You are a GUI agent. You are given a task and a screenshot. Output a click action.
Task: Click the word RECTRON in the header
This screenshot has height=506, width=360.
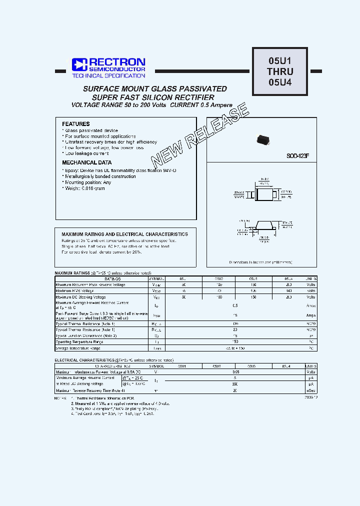[x=117, y=61]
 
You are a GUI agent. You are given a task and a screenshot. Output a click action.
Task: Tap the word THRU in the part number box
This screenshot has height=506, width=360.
[x=280, y=71]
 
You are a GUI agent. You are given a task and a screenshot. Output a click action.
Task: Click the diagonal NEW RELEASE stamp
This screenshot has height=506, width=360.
[x=200, y=135]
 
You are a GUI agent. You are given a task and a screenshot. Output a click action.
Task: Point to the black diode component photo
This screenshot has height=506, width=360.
[x=263, y=140]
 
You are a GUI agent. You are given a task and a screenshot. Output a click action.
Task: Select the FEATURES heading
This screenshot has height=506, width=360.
[x=76, y=124]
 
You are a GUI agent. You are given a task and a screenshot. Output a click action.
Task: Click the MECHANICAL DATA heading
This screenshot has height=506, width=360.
[x=86, y=162]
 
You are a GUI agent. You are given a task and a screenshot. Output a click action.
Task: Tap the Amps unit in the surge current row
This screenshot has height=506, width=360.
[x=311, y=315]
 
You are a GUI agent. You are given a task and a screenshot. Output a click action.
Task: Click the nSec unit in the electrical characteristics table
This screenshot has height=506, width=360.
[x=311, y=390]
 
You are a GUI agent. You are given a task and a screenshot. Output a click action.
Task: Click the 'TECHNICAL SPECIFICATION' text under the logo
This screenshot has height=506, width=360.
[x=108, y=75]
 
